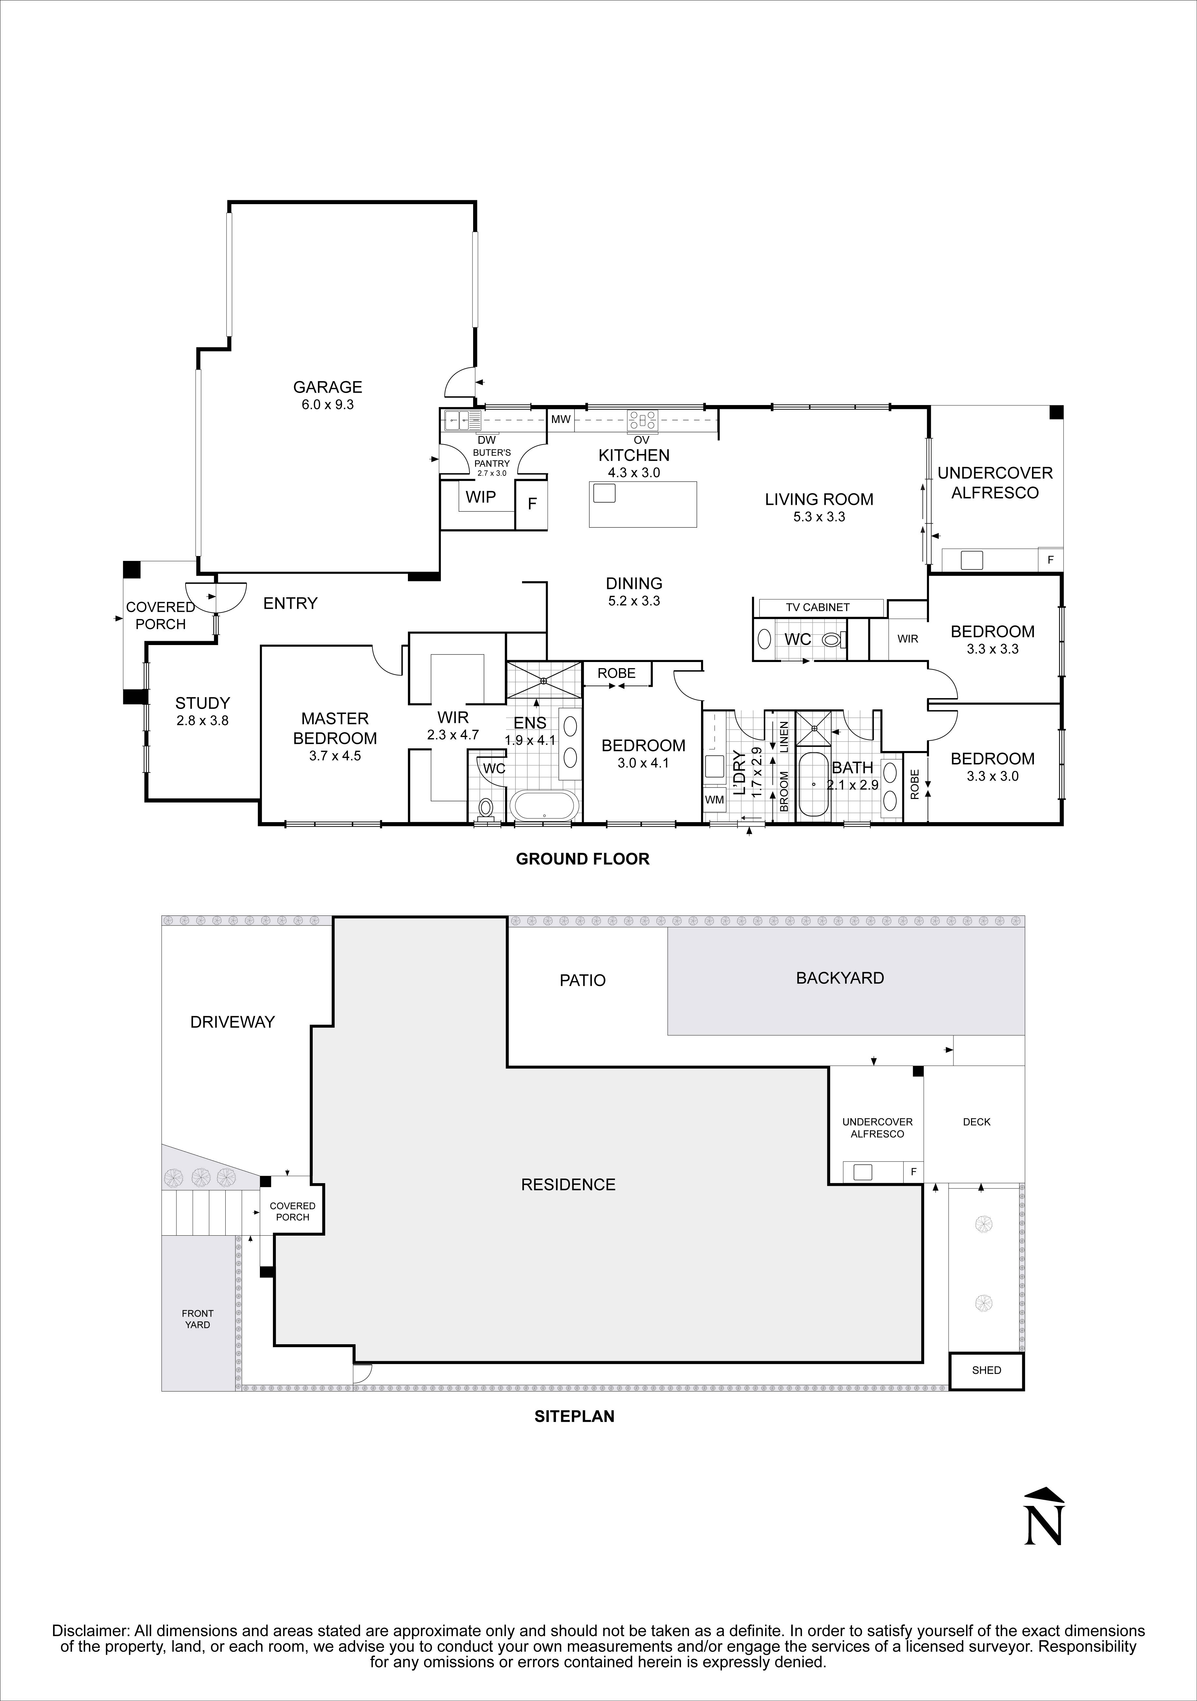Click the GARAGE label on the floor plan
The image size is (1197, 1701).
click(327, 387)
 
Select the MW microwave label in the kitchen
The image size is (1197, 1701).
click(561, 419)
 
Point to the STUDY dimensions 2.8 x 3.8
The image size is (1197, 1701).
click(202, 720)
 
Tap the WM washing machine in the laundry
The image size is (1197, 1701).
click(714, 799)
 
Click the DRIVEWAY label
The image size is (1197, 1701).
click(232, 1022)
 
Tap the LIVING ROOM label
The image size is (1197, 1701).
click(818, 499)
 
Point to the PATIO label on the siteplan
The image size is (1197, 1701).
click(582, 980)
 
